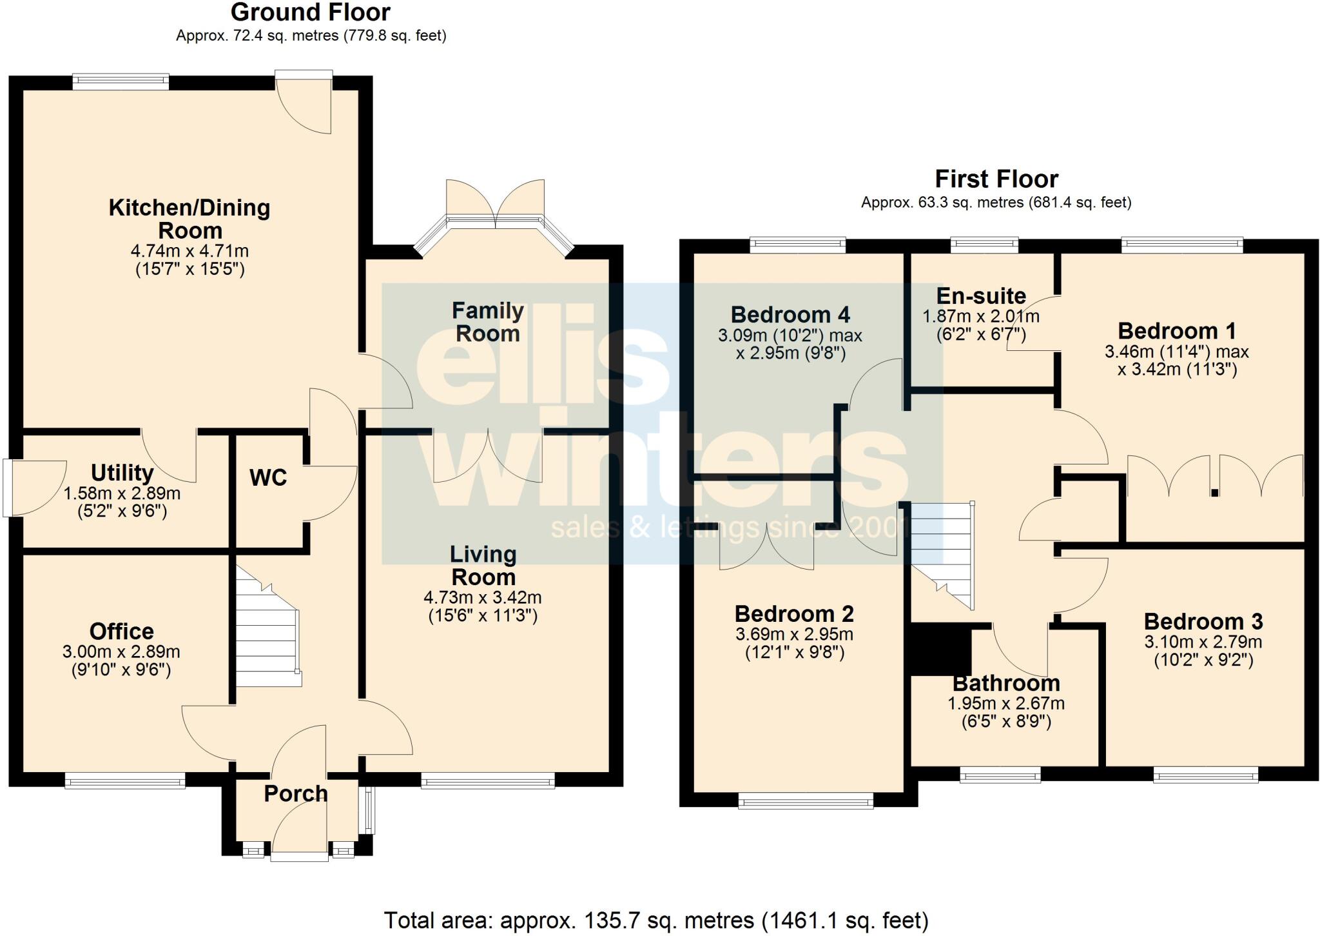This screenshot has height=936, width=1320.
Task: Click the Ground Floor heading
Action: click(x=310, y=12)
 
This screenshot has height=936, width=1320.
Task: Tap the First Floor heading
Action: click(x=996, y=179)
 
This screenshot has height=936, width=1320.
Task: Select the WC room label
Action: click(x=267, y=478)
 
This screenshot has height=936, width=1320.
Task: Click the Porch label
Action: click(x=296, y=793)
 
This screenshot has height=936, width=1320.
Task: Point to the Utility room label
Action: click(x=122, y=473)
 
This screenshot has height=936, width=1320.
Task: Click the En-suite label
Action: click(x=980, y=296)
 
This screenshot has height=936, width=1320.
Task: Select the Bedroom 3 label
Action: click(x=1203, y=622)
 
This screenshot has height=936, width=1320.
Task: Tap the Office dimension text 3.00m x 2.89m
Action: click(x=121, y=652)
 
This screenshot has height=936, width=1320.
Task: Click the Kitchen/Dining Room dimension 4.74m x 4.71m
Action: click(x=189, y=251)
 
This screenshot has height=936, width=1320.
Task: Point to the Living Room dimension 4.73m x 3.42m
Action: click(x=483, y=597)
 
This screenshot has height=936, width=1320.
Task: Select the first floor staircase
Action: click(x=942, y=555)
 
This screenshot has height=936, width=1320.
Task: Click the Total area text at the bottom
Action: click(x=655, y=920)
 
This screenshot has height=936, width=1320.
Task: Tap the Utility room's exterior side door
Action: click(x=8, y=488)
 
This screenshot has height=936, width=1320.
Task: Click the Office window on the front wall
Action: click(x=125, y=782)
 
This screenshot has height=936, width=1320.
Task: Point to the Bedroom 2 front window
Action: click(x=806, y=802)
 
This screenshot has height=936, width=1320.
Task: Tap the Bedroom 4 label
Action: click(x=790, y=315)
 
